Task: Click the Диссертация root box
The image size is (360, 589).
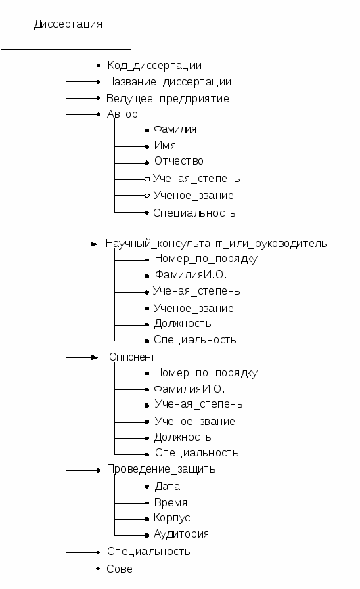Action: point(66,25)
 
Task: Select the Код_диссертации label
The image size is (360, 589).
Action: point(154,66)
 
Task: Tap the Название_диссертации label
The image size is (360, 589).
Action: point(169,82)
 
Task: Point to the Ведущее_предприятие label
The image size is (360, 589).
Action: point(167,98)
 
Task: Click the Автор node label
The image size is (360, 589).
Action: point(122,114)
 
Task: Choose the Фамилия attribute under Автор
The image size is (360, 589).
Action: point(175,129)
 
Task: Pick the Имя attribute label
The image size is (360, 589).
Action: point(165,146)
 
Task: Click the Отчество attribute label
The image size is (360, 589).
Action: point(179,161)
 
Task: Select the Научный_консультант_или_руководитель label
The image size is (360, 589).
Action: point(217,244)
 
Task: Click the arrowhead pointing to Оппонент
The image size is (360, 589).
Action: point(95,357)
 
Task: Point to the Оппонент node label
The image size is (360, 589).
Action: point(132,357)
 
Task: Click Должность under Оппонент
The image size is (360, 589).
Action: point(183,437)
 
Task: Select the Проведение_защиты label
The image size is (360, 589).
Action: point(162,469)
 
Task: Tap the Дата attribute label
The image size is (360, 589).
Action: point(167,487)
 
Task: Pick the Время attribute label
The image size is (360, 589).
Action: point(171,503)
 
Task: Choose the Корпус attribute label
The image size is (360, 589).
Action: point(172,518)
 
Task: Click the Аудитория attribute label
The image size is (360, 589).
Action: point(181,534)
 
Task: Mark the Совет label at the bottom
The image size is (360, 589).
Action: point(122,569)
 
